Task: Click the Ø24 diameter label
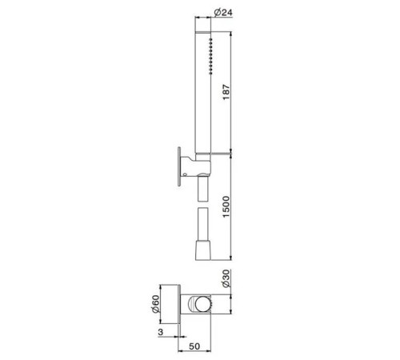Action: (223, 12)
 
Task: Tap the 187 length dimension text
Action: (226, 92)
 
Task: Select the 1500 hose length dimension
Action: (226, 206)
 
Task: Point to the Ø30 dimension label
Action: (226, 278)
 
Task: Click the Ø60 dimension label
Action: (155, 304)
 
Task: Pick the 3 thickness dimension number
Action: (160, 332)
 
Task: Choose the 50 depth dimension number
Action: (194, 346)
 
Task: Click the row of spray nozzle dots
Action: (210, 56)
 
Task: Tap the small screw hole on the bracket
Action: (185, 174)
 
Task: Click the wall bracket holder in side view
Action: (196, 166)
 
